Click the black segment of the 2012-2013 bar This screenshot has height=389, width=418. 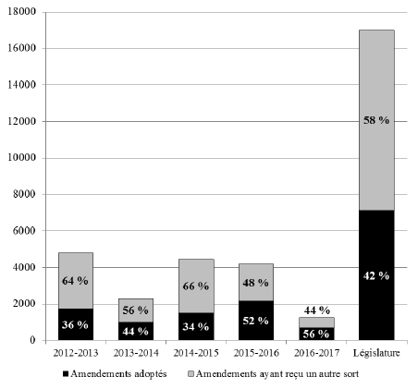click(76, 324)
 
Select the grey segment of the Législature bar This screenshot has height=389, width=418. click(376, 120)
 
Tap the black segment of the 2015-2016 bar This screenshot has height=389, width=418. click(256, 321)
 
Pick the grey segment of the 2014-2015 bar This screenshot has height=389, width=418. click(196, 286)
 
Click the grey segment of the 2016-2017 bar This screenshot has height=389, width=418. click(316, 322)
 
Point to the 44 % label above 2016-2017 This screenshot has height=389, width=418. click(317, 310)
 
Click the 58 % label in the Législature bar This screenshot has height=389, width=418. click(376, 120)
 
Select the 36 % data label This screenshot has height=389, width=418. click(75, 325)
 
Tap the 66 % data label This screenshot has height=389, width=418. click(196, 286)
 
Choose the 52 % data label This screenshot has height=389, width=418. click(255, 321)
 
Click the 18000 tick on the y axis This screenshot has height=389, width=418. click(22, 12)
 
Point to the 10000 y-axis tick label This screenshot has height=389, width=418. click(22, 158)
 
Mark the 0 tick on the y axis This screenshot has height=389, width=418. click(32, 340)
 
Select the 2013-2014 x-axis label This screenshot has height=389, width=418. click(136, 353)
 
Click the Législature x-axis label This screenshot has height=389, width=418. click(376, 353)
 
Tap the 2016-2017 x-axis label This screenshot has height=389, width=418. click(316, 353)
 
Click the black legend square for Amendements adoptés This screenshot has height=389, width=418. click(65, 374)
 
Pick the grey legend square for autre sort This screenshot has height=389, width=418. click(191, 374)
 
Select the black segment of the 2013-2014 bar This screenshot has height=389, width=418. click(136, 331)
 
